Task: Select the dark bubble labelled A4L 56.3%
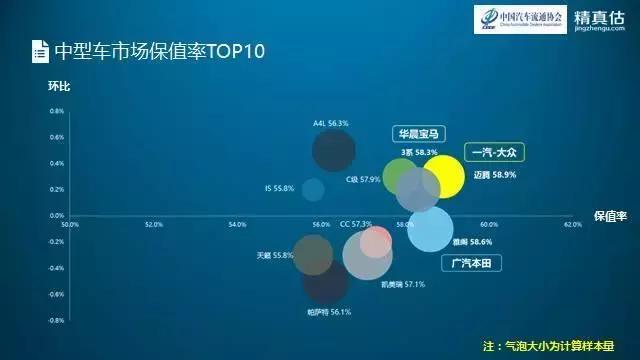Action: click(x=333, y=151)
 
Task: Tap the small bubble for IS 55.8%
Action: click(x=313, y=189)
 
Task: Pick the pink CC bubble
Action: click(x=376, y=241)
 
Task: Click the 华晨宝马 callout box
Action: click(x=419, y=134)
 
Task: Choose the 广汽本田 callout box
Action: click(x=471, y=263)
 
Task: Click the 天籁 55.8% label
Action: click(x=275, y=255)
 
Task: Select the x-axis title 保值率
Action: click(x=608, y=215)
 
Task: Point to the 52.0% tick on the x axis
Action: click(x=153, y=224)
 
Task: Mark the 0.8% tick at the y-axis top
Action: click(x=57, y=110)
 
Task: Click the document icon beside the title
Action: click(x=38, y=50)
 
